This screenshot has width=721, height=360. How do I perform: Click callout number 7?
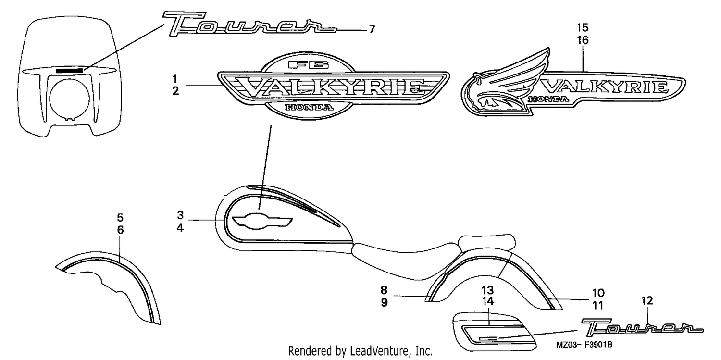372,29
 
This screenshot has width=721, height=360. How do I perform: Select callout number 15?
583,28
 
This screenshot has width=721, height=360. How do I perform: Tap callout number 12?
647,301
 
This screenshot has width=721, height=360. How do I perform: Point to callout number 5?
120,218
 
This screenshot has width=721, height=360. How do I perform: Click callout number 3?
180,215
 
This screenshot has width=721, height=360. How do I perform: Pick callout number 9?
384,303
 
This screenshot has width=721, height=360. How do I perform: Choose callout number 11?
598,305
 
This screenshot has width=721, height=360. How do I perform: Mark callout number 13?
488,290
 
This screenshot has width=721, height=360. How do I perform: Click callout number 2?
175,91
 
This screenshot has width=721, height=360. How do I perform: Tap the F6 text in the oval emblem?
309,65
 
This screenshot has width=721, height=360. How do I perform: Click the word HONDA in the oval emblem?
309,107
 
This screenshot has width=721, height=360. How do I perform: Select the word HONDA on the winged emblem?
548,99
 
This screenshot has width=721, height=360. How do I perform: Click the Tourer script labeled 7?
249,24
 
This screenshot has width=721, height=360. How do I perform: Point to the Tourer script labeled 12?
642,327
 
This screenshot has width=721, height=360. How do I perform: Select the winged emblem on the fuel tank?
262,222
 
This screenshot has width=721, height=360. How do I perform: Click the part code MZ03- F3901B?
584,345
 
